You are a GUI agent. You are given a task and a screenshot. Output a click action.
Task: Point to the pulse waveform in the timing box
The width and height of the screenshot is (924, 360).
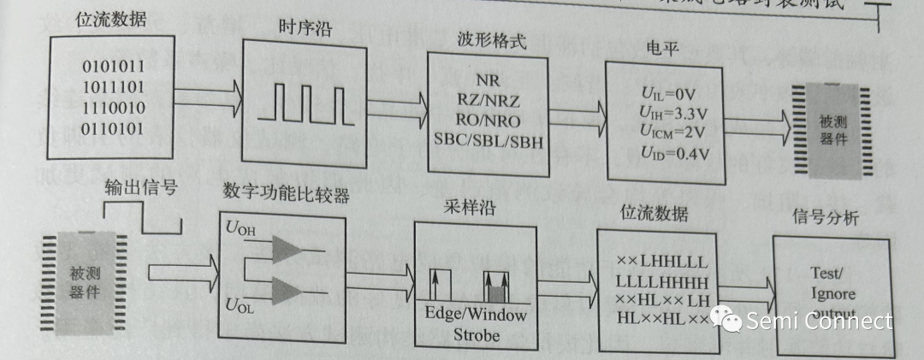pos(308,103)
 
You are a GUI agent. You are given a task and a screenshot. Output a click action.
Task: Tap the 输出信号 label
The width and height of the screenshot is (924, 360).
pos(140,186)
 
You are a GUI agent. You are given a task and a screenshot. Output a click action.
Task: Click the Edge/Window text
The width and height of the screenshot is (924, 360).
pos(476,313)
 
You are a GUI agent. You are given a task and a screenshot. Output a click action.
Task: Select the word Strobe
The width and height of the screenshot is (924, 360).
pos(475,334)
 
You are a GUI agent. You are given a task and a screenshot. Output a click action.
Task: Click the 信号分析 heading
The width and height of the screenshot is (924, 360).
pos(826,217)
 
